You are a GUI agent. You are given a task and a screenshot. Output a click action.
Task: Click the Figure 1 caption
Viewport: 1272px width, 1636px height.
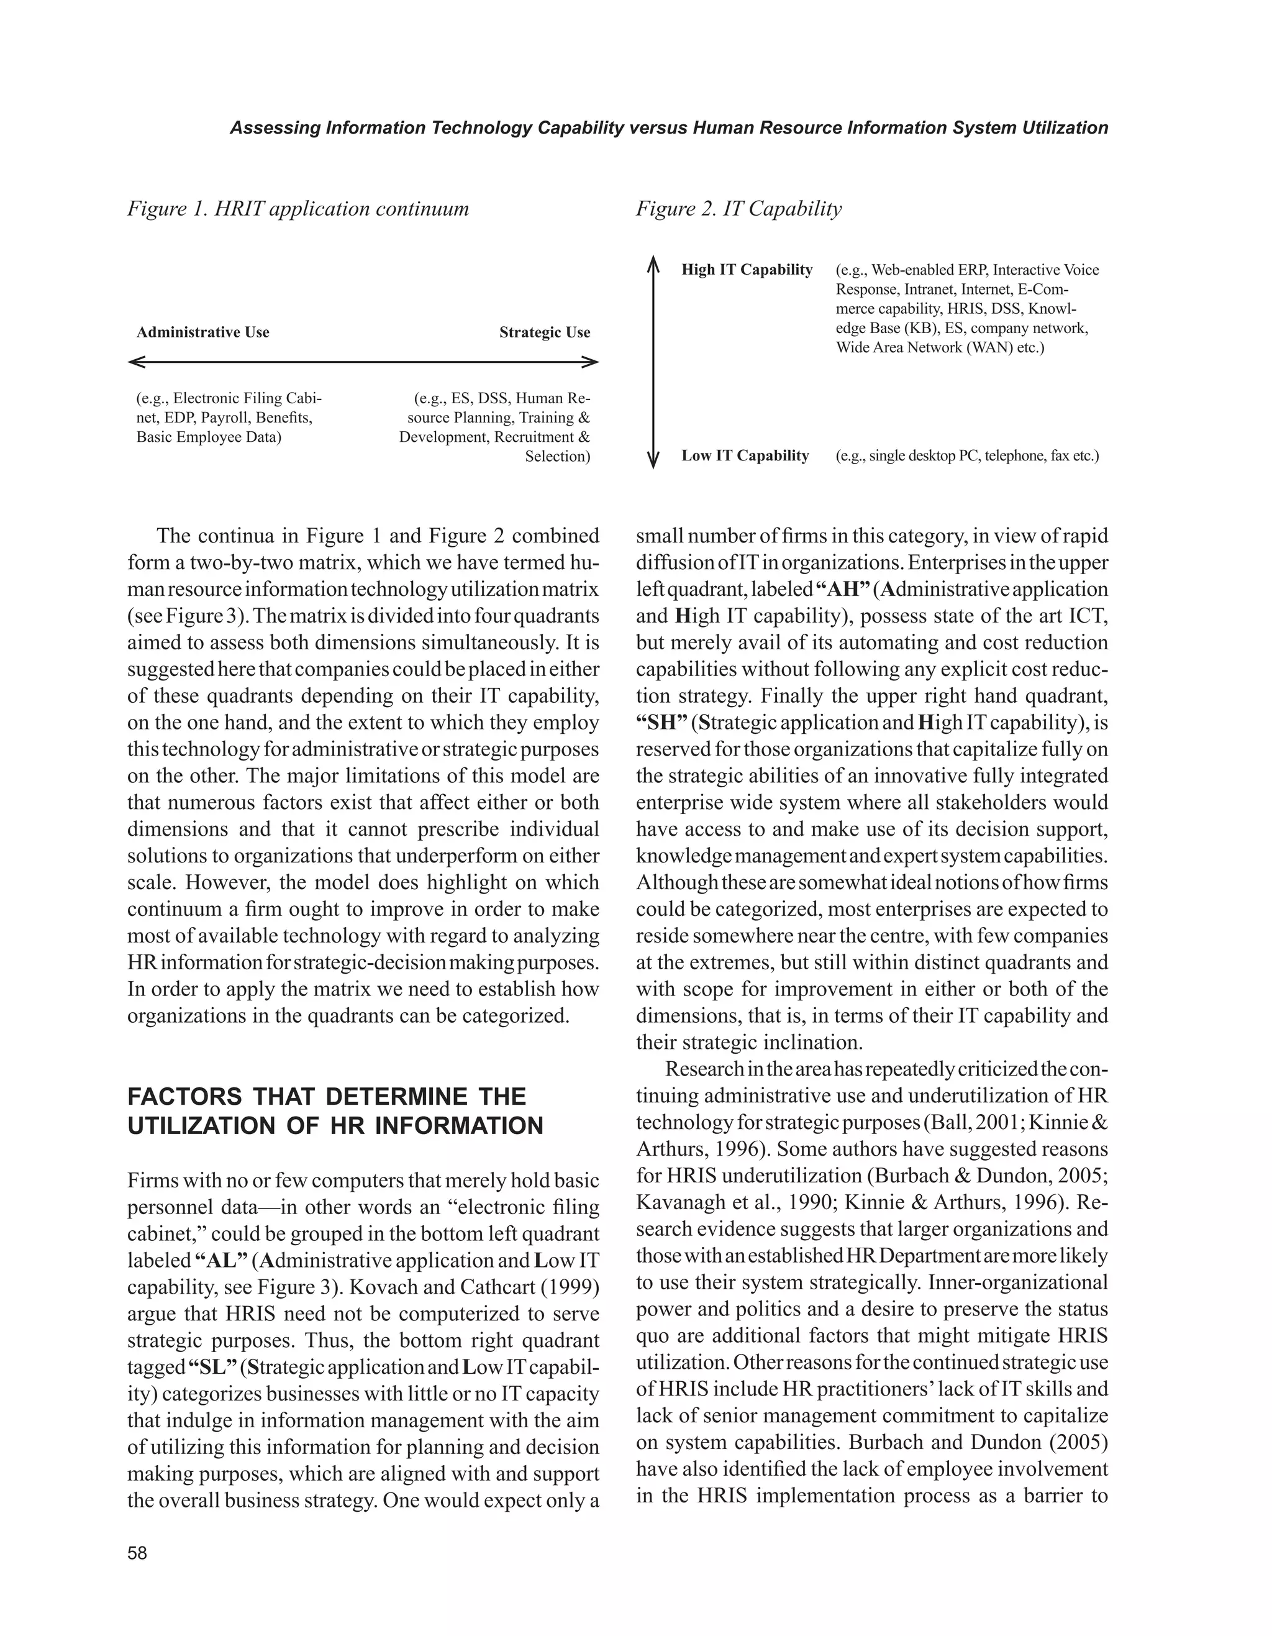(x=298, y=208)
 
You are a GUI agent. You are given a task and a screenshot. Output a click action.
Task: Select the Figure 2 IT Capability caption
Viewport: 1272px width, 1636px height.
(x=738, y=208)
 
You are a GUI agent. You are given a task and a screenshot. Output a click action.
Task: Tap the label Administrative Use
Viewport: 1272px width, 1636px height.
(x=203, y=332)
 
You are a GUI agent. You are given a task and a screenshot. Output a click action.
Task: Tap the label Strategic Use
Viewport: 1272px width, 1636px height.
(x=544, y=332)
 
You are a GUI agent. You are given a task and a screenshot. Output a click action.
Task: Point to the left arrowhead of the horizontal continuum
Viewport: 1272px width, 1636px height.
(x=135, y=363)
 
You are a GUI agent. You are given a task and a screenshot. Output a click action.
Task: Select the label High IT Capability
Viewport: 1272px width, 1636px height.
(x=747, y=270)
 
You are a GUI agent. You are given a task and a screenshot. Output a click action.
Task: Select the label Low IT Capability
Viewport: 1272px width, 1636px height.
(x=745, y=455)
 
